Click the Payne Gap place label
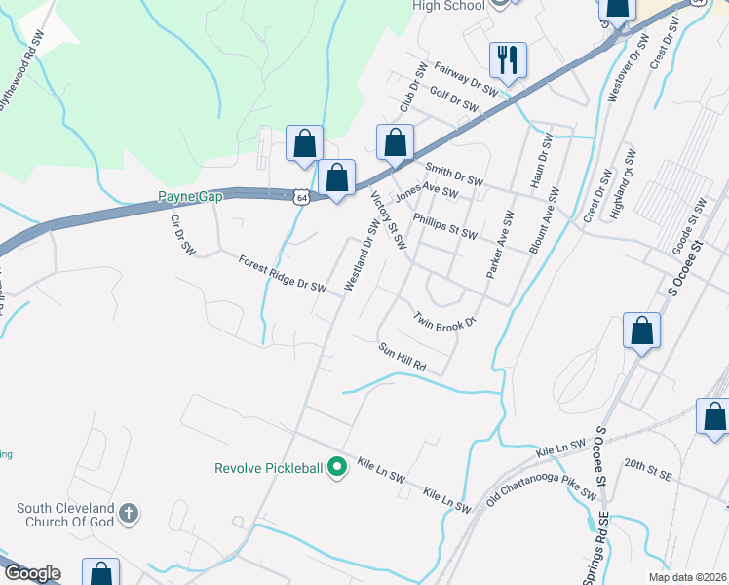191,197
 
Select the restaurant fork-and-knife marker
508,59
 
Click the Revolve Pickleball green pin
337,468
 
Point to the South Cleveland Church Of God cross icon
129,513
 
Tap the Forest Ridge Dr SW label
283,273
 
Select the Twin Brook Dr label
443,319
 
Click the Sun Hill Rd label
403,357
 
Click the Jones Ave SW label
425,193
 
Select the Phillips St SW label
445,227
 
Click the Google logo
31,573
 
